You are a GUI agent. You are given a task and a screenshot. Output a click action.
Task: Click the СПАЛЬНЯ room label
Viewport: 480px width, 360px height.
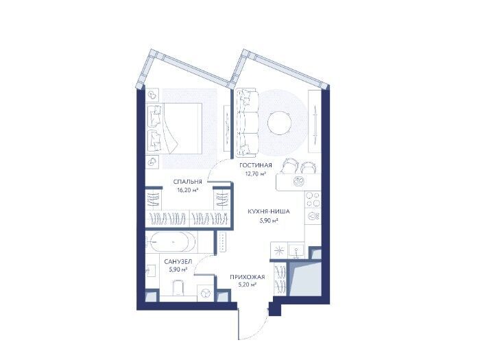click(188, 182)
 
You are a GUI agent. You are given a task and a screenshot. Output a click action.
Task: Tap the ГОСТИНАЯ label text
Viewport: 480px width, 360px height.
click(256, 166)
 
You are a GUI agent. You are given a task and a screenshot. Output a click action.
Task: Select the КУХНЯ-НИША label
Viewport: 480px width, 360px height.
click(269, 211)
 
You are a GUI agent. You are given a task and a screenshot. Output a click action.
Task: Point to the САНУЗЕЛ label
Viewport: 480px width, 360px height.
click(178, 262)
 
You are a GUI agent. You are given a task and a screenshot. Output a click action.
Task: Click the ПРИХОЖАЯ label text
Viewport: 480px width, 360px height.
click(248, 277)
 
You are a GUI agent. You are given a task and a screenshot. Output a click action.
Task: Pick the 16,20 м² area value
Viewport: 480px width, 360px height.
click(188, 190)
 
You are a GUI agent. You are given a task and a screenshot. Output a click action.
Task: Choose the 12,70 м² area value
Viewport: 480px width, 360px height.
click(255, 174)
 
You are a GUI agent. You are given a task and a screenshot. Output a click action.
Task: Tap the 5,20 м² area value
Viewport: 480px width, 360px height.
click(247, 285)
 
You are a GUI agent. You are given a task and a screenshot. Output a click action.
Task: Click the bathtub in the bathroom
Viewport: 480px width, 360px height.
click(171, 242)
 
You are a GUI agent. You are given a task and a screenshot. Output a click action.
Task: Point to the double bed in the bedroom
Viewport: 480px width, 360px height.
click(174, 128)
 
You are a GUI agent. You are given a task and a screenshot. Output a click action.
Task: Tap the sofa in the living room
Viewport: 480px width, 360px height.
click(247, 123)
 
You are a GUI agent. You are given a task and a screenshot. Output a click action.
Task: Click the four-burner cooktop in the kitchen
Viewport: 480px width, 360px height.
click(313, 200)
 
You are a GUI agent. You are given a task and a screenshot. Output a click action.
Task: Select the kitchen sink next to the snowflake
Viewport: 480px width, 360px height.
click(296, 250)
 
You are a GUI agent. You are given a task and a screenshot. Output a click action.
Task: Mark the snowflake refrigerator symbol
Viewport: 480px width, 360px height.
click(279, 250)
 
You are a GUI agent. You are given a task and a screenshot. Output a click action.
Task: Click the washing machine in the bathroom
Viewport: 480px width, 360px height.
click(205, 293)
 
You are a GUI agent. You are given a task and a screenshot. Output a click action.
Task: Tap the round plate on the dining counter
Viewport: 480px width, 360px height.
click(298, 182)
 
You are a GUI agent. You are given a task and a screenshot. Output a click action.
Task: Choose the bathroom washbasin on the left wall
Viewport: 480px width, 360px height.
click(151, 271)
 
